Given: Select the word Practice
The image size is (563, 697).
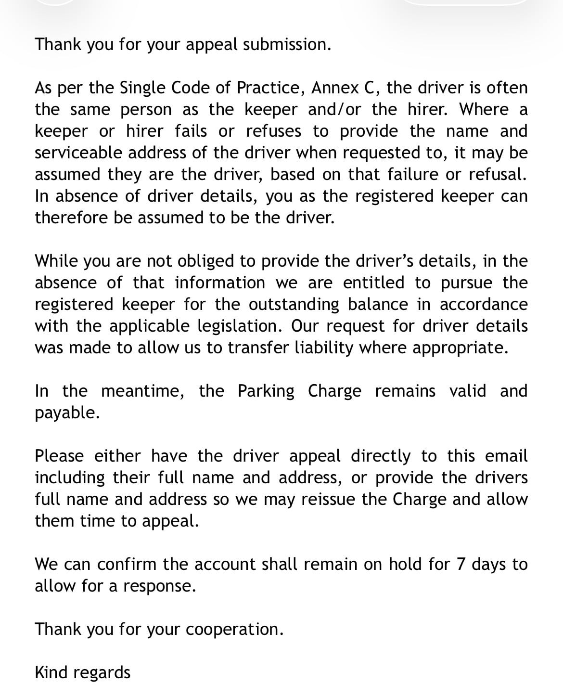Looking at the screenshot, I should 271,88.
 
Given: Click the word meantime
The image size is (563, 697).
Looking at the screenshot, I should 143,391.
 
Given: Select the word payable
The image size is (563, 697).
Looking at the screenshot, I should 67,413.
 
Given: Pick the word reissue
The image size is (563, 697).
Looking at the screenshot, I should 329,499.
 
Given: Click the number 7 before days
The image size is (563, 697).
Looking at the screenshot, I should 461,564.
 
